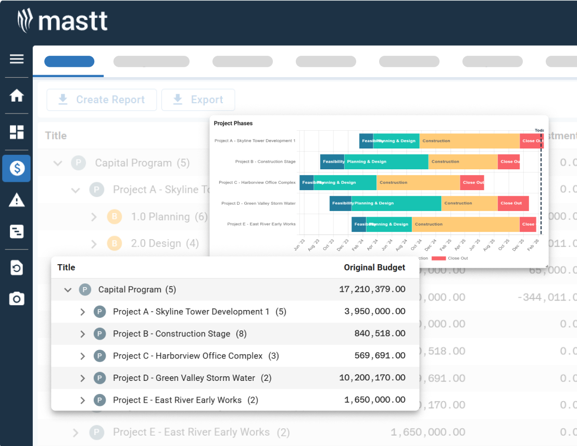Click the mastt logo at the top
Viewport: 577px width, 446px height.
pos(62,21)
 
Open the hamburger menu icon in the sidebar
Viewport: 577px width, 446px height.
pos(17,58)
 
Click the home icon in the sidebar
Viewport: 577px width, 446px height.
pos(17,95)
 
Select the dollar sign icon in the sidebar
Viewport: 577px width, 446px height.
pos(17,168)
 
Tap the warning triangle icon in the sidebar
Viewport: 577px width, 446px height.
pos(17,200)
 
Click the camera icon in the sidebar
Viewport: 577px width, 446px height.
pos(17,299)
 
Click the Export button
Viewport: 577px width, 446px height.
pos(198,100)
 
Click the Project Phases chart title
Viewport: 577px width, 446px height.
pos(233,123)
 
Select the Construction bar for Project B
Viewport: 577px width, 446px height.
pos(462,162)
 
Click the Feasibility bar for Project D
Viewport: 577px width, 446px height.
pos(340,203)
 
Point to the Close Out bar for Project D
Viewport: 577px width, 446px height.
pos(513,203)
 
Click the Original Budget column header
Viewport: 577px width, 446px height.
pos(374,267)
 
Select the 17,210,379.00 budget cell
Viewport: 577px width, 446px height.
pos(372,289)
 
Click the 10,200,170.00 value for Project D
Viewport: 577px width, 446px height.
pos(372,378)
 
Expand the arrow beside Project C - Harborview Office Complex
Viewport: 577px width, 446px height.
pos(82,356)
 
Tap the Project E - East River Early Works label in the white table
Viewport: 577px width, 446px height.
pos(177,400)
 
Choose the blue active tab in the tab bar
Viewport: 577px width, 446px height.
pos(69,61)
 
